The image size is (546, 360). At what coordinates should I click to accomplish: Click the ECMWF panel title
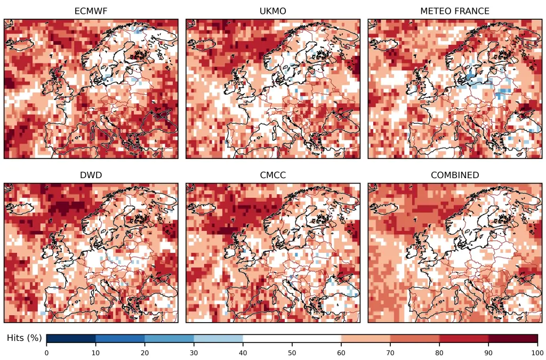91,11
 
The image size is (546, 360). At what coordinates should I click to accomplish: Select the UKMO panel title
272,11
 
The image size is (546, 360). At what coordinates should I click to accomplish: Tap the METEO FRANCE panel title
455,11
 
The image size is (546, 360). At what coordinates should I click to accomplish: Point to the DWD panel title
91,175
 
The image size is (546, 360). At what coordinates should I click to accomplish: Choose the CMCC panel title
272,175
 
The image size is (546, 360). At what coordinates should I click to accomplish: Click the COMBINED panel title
455,175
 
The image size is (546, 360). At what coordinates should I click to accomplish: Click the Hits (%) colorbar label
24,338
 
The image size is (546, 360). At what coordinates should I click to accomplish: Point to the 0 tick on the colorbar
46,352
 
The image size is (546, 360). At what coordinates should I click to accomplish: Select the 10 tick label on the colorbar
95,352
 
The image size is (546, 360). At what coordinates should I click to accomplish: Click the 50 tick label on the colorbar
292,352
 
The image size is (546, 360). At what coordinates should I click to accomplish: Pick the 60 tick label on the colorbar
341,352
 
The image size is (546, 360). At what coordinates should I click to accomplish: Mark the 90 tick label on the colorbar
488,352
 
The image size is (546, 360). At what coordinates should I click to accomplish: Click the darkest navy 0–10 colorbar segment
71,339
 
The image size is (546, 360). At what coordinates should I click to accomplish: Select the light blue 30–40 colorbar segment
218,339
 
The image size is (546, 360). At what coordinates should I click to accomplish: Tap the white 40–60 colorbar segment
292,339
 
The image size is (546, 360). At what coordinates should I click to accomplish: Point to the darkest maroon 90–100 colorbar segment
513,339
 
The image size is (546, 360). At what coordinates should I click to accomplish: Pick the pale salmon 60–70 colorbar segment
366,339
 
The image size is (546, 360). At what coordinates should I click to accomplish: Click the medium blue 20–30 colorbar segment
169,339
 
